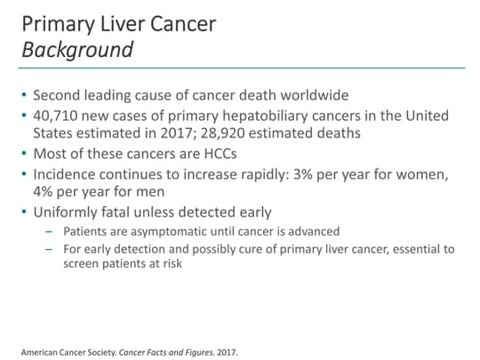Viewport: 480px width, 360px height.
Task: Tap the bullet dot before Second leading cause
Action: (x=24, y=95)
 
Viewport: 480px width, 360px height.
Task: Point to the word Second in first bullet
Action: (x=58, y=94)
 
